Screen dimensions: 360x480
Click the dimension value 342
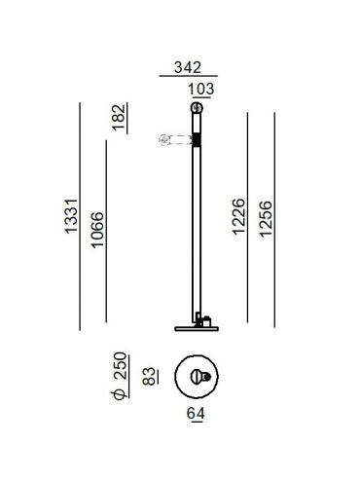188,67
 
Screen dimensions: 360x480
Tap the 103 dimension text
201,89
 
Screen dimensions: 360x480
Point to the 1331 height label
71,216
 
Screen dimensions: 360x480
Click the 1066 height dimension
97,230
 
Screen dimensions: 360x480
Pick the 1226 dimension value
238,216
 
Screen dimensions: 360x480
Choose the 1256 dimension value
266,219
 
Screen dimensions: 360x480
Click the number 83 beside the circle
149,377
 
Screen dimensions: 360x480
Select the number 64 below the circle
196,414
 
